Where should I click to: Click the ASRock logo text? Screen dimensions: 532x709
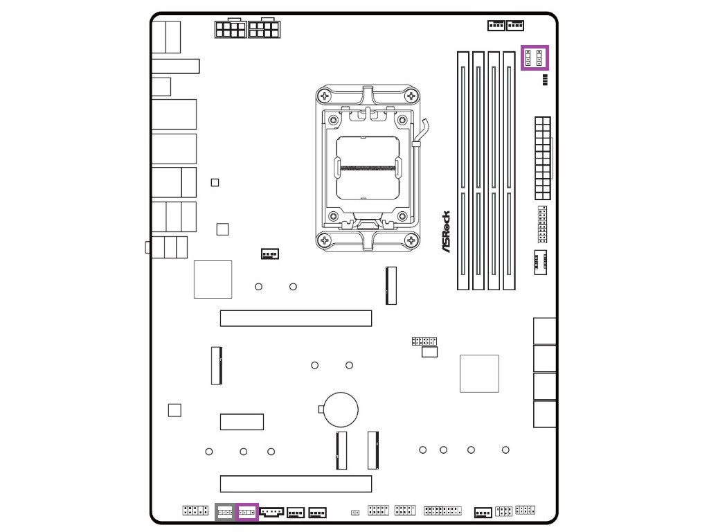(447, 231)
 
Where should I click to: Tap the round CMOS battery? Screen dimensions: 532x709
(342, 409)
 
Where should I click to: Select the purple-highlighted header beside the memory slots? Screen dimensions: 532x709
(534, 57)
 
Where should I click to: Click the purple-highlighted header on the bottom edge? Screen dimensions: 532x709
(247, 513)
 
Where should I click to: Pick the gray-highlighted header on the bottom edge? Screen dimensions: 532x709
(226, 513)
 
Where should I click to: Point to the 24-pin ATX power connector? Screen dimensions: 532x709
(542, 158)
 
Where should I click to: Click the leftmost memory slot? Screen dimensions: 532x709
(463, 170)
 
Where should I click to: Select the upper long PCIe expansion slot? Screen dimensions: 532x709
(296, 319)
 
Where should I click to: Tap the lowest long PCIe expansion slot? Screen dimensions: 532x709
(296, 484)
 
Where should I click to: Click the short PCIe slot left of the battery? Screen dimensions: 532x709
(242, 421)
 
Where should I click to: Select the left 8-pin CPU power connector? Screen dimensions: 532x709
(231, 29)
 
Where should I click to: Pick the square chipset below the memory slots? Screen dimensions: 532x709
(479, 373)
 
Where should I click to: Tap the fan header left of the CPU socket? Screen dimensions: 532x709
(270, 254)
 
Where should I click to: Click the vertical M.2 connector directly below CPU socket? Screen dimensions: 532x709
(391, 285)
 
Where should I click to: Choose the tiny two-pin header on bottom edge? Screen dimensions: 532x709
(355, 513)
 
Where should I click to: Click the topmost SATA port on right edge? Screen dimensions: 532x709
(545, 331)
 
